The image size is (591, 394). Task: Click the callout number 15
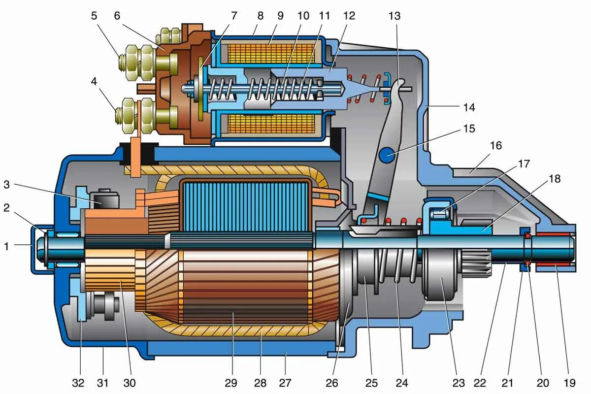(469, 129)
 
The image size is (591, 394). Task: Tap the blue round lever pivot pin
(388, 155)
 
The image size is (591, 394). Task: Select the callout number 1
(6, 246)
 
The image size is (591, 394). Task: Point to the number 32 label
(78, 382)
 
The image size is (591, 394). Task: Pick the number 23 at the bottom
(458, 382)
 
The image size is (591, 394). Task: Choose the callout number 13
(394, 16)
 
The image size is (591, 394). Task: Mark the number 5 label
(94, 16)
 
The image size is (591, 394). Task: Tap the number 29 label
(231, 382)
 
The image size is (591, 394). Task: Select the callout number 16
(495, 146)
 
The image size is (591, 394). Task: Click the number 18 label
(555, 179)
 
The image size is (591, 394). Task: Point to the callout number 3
(6, 185)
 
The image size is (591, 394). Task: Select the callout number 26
(341, 382)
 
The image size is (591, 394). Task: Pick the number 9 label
(280, 16)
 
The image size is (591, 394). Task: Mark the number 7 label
(231, 16)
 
